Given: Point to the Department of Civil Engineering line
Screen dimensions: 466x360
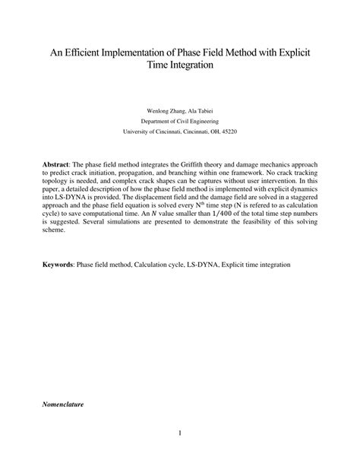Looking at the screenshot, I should (180, 119).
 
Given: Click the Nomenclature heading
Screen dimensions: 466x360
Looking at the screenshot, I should (63, 405).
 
